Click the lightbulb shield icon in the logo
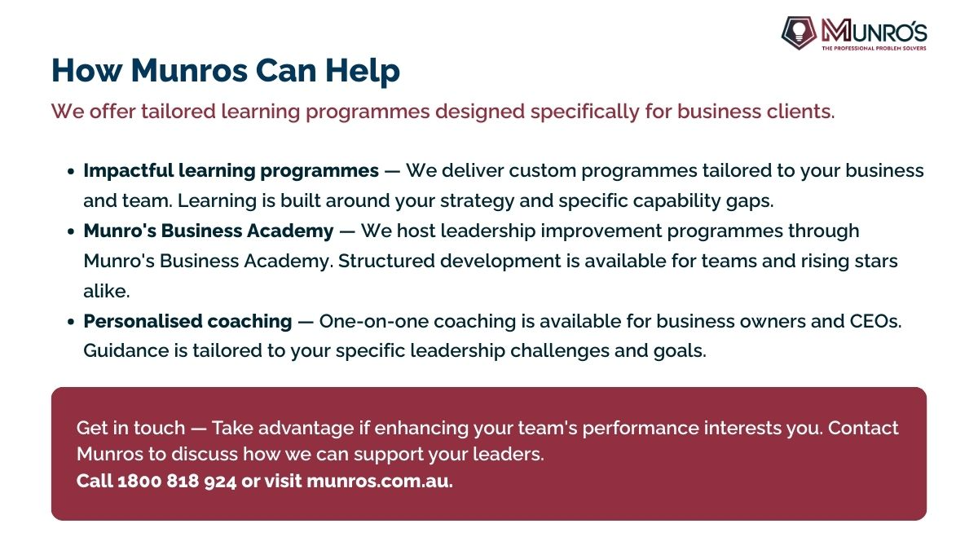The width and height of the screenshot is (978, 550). [x=799, y=33]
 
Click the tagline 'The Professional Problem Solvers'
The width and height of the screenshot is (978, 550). [x=874, y=48]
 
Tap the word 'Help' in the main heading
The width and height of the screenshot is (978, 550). [x=363, y=71]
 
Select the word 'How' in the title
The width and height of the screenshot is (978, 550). [x=87, y=70]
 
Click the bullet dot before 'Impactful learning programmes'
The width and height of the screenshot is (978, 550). [x=72, y=172]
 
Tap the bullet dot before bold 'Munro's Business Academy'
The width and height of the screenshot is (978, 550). [x=72, y=231]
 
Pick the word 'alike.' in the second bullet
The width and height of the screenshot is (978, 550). [x=107, y=291]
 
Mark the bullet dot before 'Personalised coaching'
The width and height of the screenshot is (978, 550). [x=72, y=322]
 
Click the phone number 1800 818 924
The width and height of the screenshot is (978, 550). [x=177, y=481]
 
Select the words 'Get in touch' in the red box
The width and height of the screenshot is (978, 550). [x=130, y=428]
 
